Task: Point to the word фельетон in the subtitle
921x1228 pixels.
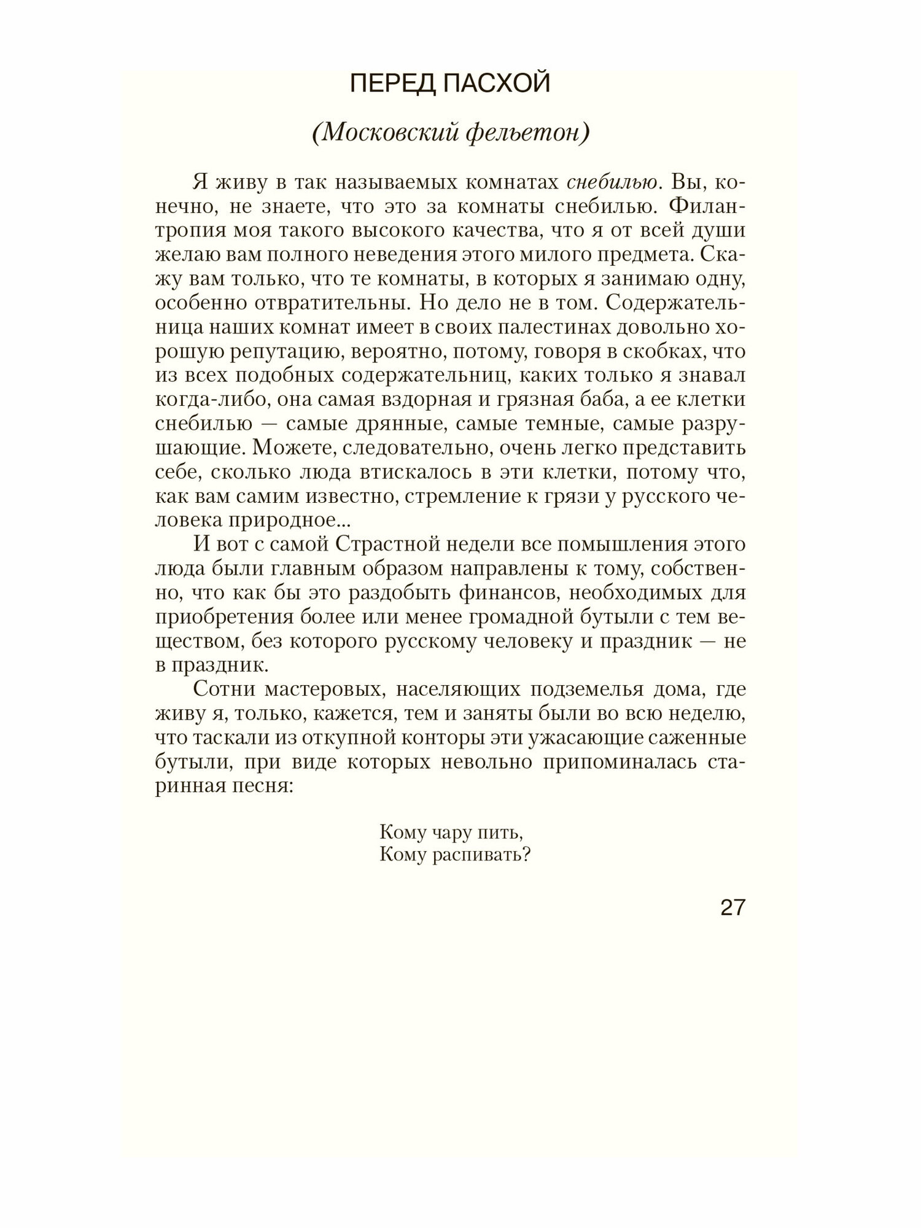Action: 524,133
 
